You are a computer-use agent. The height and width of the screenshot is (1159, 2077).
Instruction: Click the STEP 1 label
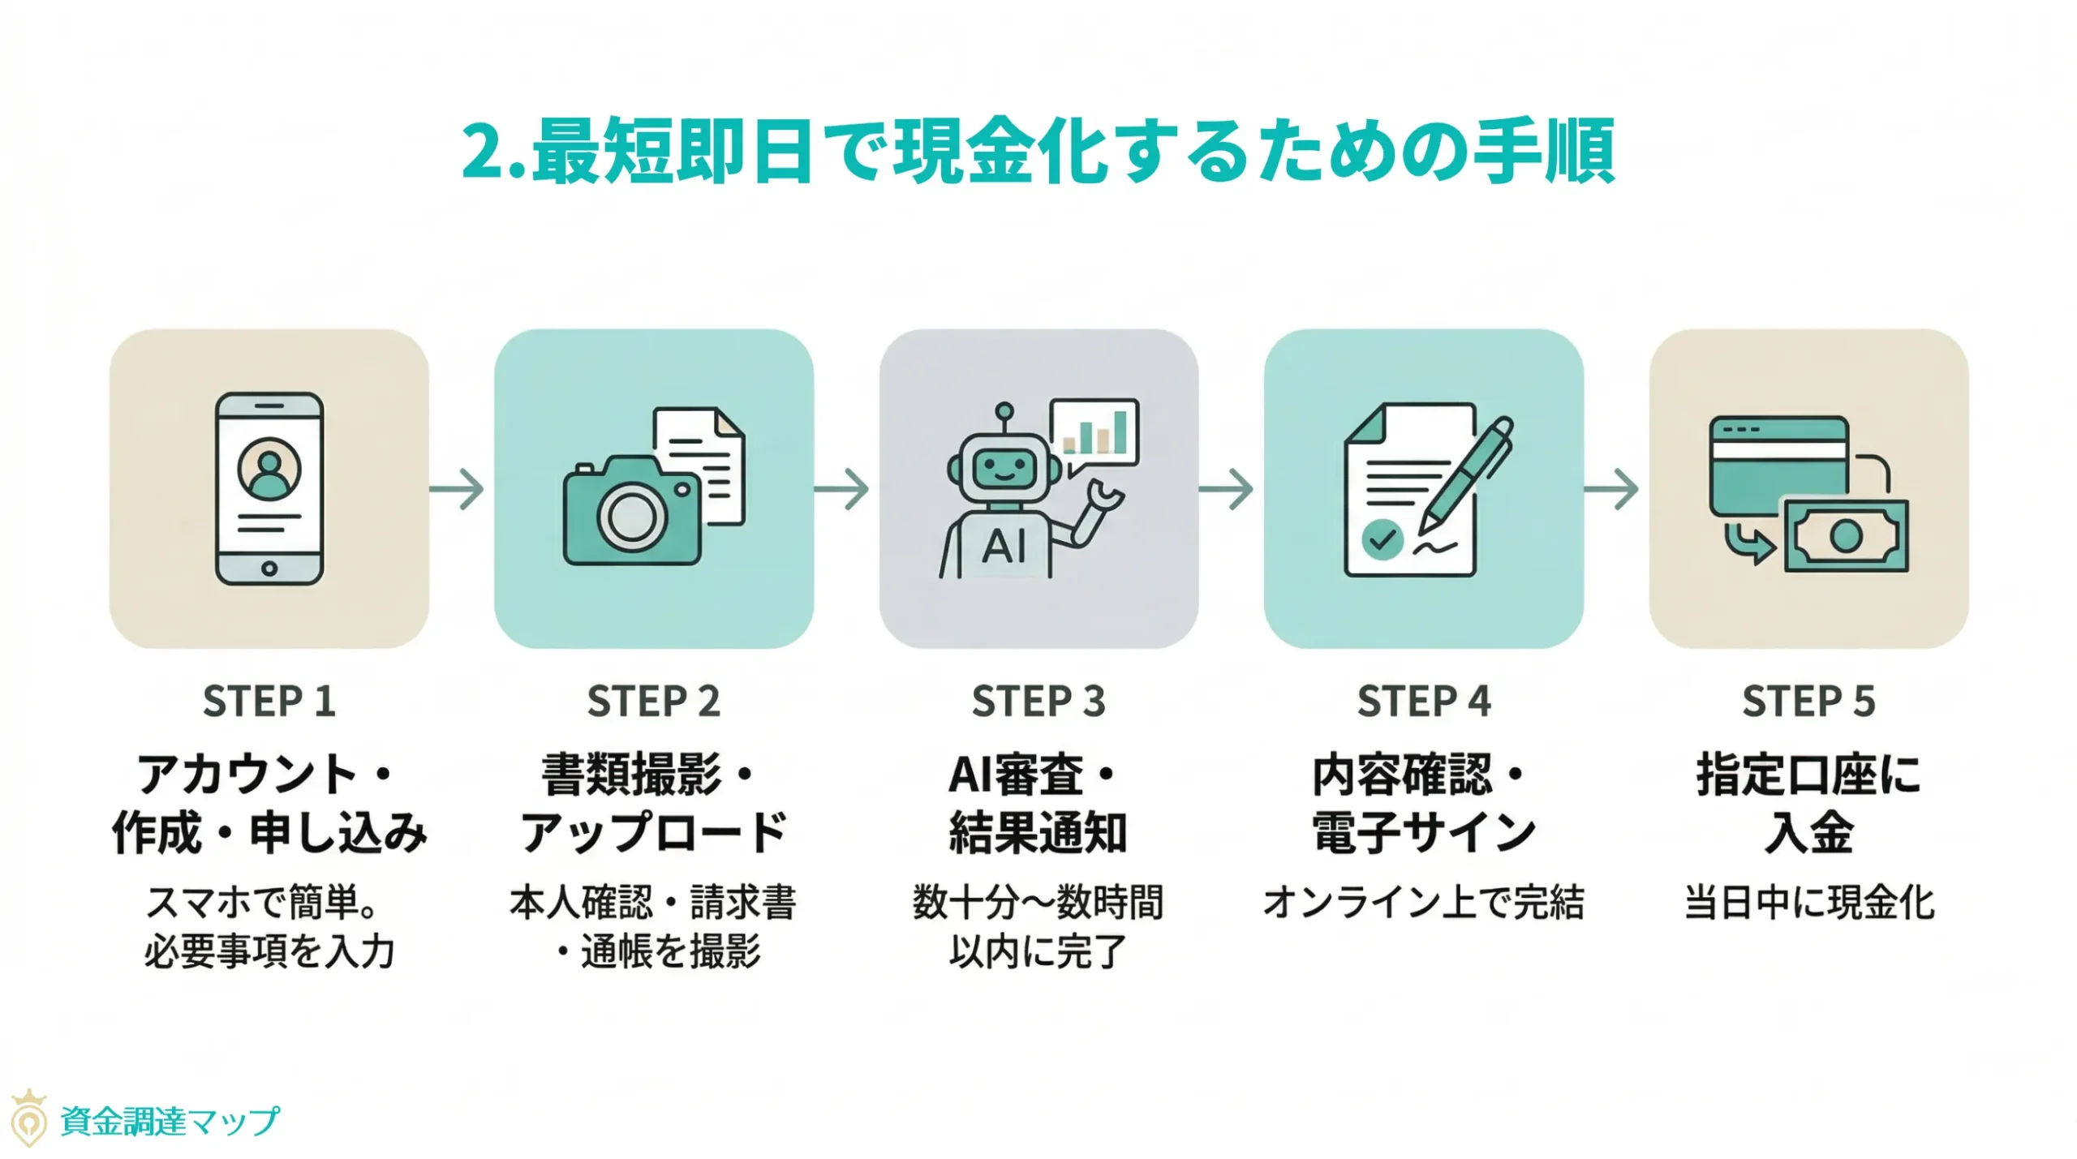[269, 701]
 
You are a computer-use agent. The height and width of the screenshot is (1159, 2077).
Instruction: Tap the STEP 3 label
[1038, 701]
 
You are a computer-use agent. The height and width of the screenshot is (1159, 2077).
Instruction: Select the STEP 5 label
[1808, 701]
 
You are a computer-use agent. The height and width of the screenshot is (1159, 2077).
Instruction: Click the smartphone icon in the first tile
[269, 488]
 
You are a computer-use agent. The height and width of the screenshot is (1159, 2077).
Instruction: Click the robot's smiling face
[1004, 469]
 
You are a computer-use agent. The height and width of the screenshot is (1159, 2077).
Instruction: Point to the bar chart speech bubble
[1094, 434]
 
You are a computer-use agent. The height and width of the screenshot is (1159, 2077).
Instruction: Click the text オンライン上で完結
[1423, 902]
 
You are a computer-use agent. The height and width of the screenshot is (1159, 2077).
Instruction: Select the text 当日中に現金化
[1809, 902]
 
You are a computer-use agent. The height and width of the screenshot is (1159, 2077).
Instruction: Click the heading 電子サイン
[1424, 832]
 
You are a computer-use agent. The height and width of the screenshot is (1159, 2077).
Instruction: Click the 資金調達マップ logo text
[170, 1122]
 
